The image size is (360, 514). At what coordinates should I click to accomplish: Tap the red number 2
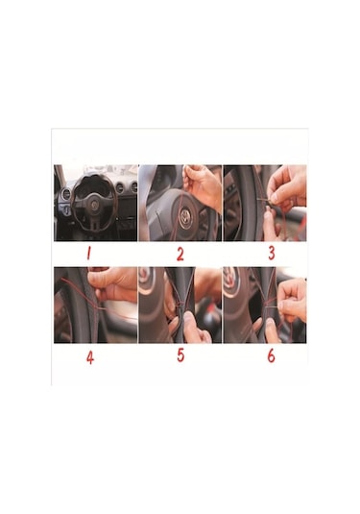click(180, 254)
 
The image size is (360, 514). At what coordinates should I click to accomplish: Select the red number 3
click(272, 254)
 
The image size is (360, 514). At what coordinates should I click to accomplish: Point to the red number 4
click(89, 355)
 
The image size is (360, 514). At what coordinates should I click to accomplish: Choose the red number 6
click(271, 355)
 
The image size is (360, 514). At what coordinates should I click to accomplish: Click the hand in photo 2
click(204, 187)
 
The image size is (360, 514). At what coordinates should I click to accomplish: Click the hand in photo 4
click(117, 282)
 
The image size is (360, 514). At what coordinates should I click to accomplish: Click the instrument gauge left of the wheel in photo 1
click(65, 195)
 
